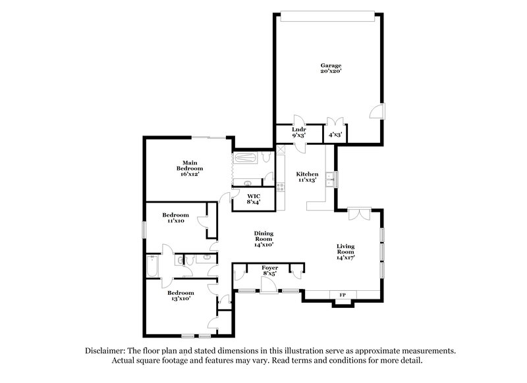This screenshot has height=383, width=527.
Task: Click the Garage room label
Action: (x=331, y=69)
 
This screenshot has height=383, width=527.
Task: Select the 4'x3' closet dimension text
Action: (x=335, y=135)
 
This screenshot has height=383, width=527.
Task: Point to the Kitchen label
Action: (x=307, y=176)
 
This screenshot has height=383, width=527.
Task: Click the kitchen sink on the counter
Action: (x=335, y=178)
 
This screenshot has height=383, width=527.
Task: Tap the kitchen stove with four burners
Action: (x=281, y=188)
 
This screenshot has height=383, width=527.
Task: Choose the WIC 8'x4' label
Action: (x=254, y=199)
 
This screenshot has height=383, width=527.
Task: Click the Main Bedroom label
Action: (x=190, y=168)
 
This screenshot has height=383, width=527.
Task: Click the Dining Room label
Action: (x=264, y=238)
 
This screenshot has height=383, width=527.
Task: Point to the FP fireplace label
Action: (x=342, y=294)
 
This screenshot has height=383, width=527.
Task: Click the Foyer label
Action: (x=270, y=271)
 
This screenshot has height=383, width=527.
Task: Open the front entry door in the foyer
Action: (x=268, y=284)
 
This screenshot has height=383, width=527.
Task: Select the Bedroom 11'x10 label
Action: (x=176, y=218)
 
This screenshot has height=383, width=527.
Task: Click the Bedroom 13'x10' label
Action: (x=180, y=295)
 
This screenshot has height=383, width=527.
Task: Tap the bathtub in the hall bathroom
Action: (x=152, y=267)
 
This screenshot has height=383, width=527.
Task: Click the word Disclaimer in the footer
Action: (x=108, y=351)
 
